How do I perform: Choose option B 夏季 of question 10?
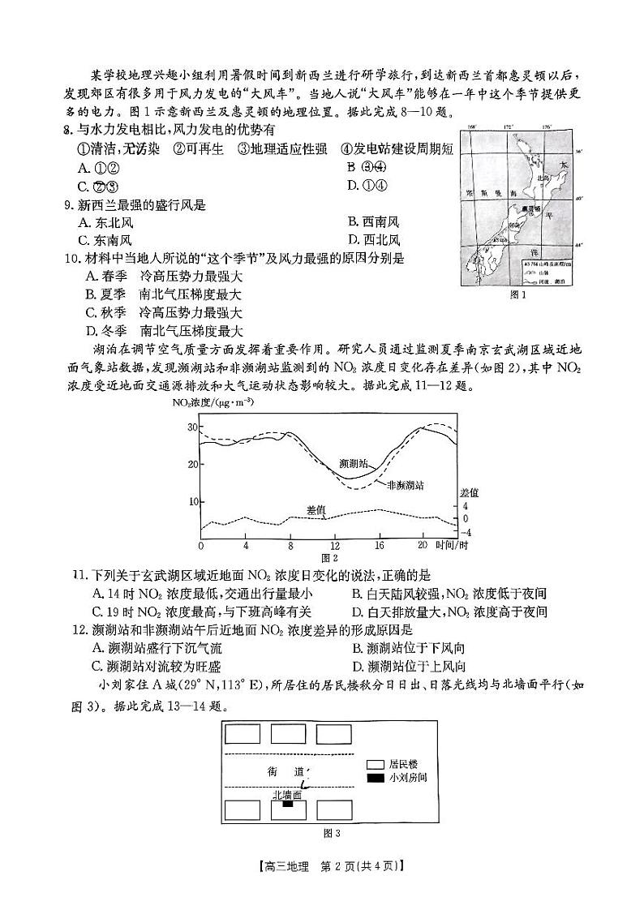click(x=163, y=294)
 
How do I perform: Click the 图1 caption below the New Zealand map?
click(x=517, y=295)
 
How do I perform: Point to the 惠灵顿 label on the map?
click(x=536, y=208)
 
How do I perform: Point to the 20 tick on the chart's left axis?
click(x=193, y=464)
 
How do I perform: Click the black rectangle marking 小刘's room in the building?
click(x=286, y=805)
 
